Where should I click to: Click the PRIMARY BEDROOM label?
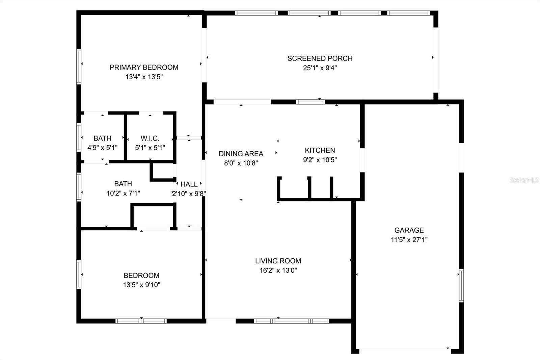[144, 67]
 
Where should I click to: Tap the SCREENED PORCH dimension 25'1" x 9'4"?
[320, 68]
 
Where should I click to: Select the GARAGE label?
[409, 230]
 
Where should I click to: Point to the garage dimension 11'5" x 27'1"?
[409, 240]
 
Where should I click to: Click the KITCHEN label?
[320, 150]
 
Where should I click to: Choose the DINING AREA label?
[241, 154]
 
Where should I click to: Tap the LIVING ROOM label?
[278, 261]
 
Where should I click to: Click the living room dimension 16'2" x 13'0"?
[278, 271]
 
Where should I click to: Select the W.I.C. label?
[150, 138]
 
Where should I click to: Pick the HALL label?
[189, 184]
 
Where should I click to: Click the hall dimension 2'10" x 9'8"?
[189, 194]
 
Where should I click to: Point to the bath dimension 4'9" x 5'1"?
[103, 148]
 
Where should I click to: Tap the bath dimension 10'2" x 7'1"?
[123, 193]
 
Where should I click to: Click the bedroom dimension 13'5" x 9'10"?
[141, 285]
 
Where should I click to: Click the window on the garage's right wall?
[461, 285]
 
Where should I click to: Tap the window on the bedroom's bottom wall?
[141, 321]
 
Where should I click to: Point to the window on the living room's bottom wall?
[292, 321]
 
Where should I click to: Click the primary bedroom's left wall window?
[79, 67]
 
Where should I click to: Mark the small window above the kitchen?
[310, 102]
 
